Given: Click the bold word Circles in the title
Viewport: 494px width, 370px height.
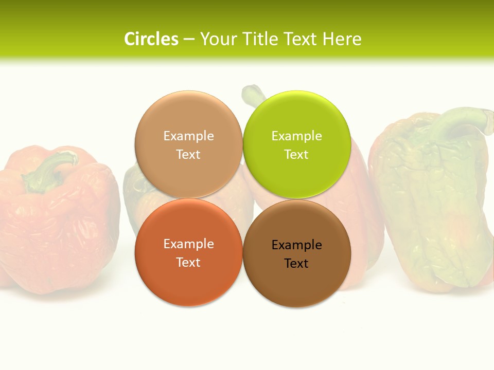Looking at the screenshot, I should point(151,39).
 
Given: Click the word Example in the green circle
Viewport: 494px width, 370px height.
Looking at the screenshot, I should point(297,136).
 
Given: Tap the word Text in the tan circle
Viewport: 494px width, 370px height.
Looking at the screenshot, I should point(188,155).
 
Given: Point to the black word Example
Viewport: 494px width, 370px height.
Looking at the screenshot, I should point(297,245).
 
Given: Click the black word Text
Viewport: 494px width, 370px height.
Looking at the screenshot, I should point(296,264).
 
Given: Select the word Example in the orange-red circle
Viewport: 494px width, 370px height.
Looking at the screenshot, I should point(188,244).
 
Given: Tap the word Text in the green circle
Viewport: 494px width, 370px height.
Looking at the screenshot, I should point(296,155).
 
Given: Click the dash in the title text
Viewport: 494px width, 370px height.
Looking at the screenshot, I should point(189,39).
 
